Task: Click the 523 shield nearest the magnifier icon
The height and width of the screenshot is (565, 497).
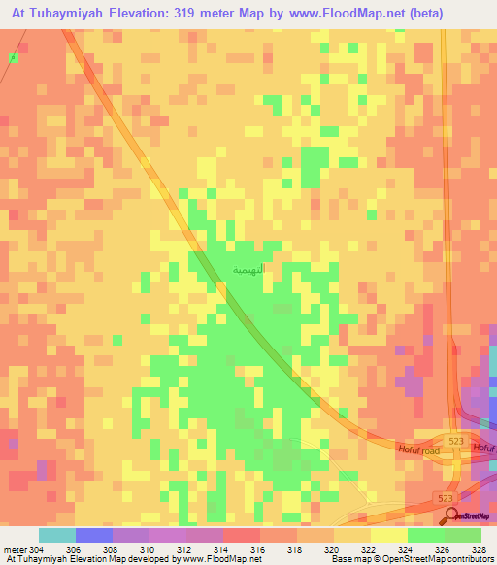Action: (x=446, y=497)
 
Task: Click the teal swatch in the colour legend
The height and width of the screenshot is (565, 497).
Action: (x=55, y=535)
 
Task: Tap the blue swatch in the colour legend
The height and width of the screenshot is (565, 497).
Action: (x=93, y=535)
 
